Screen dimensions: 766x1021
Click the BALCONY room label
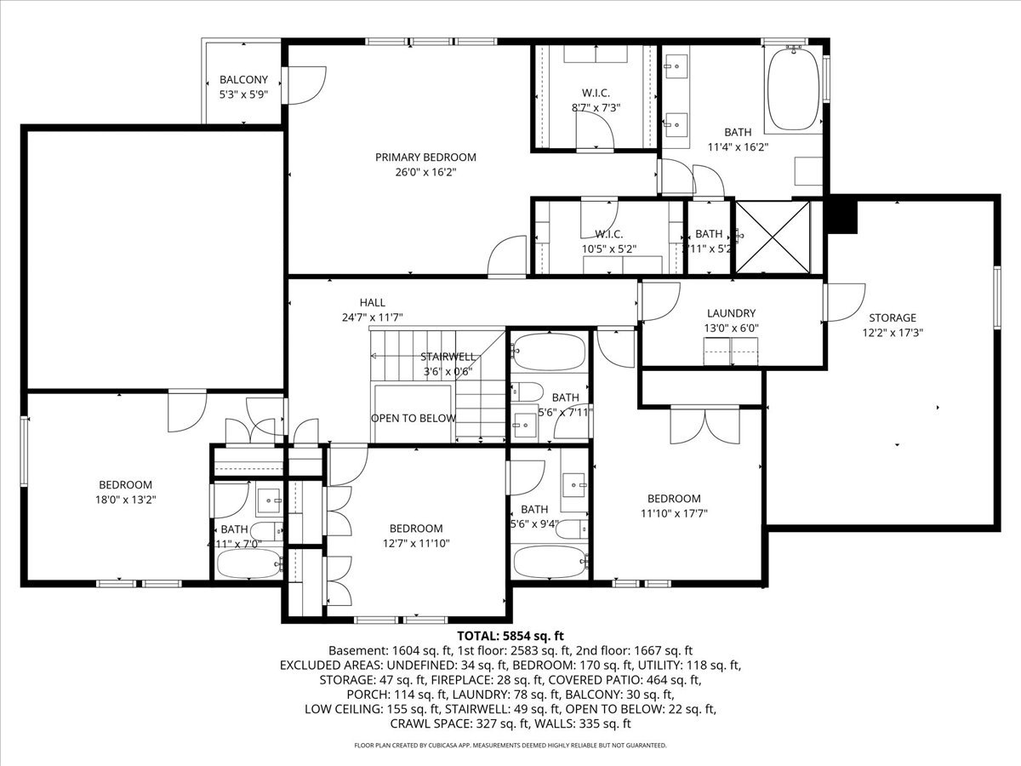click(243, 80)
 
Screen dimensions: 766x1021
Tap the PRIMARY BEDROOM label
click(425, 157)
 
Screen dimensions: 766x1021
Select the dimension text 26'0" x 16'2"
click(425, 172)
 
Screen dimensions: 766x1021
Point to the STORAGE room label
click(892, 317)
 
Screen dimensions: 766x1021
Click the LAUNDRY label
click(731, 313)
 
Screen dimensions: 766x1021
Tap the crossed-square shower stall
click(773, 237)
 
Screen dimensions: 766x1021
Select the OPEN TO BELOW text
click(413, 418)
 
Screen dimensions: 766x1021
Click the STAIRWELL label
click(448, 357)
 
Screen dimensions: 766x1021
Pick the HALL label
click(372, 302)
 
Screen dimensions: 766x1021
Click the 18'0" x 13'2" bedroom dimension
click(125, 500)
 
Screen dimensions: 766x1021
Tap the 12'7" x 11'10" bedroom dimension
click(416, 542)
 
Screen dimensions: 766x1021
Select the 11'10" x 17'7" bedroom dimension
click(673, 513)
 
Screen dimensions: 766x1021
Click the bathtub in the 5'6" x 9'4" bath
click(550, 563)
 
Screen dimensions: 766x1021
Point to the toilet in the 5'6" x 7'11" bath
click(528, 392)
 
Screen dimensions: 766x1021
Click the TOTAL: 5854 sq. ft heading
click(510, 636)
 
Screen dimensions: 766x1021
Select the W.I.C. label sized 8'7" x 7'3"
click(596, 93)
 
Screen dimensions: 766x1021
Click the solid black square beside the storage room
click(842, 214)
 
